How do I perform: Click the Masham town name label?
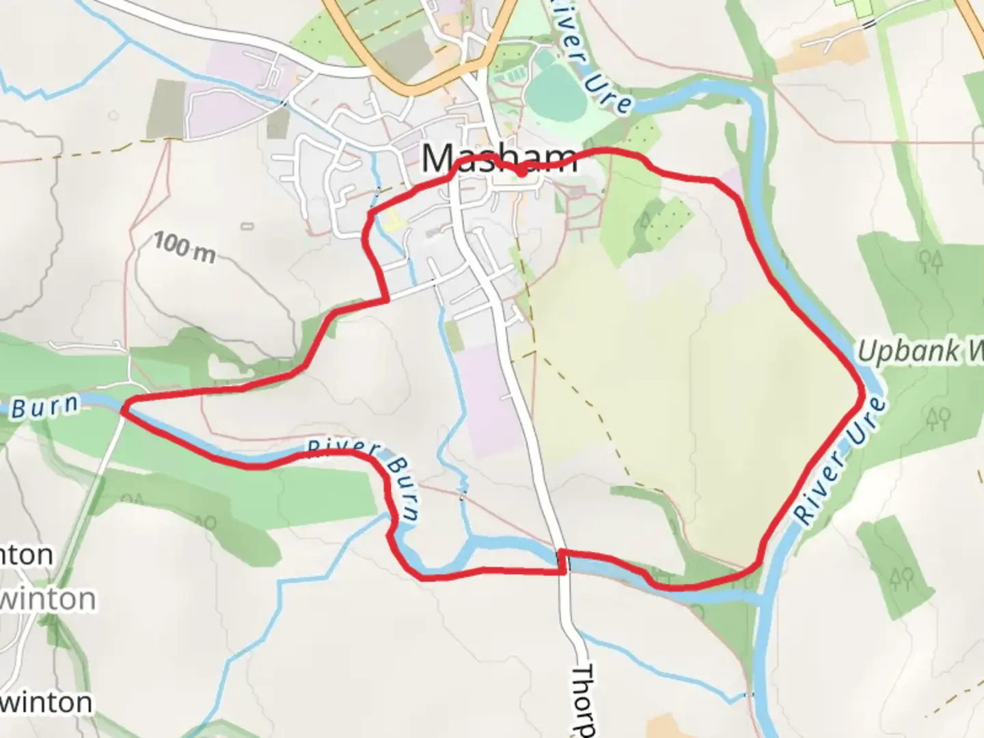(498, 159)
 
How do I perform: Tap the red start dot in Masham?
(521, 172)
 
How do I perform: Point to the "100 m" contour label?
(183, 247)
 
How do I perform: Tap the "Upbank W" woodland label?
(919, 351)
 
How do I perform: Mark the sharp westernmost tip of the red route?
(123, 409)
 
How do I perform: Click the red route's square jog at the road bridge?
(562, 561)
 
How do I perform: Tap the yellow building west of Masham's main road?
(391, 219)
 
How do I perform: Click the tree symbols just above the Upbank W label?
(931, 262)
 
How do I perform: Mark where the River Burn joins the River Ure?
(760, 599)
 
